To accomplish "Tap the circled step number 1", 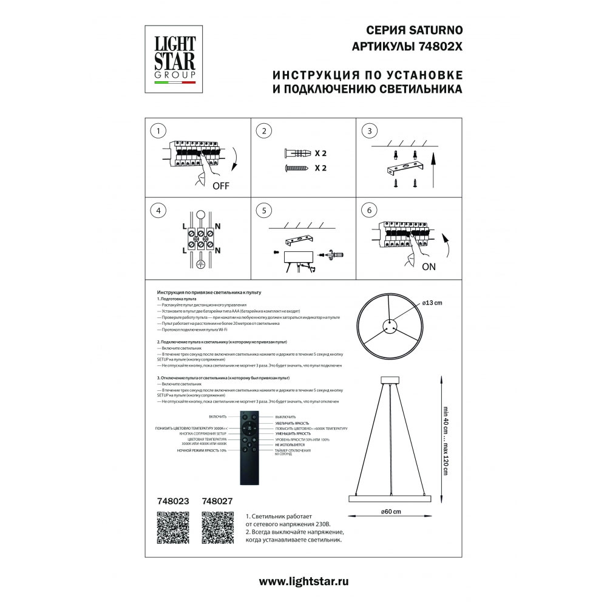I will click(x=158, y=131).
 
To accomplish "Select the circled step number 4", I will click(x=158, y=211).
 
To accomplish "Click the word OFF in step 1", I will click(x=221, y=186).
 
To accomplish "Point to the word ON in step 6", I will click(x=429, y=266).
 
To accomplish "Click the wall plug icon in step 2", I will click(x=297, y=154).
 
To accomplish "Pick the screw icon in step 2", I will click(x=297, y=169).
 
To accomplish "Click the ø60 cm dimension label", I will click(x=391, y=512).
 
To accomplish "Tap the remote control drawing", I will click(x=250, y=447).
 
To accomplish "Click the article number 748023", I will click(x=173, y=501).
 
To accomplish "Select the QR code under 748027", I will click(x=218, y=527).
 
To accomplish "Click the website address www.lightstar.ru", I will click(x=303, y=581).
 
